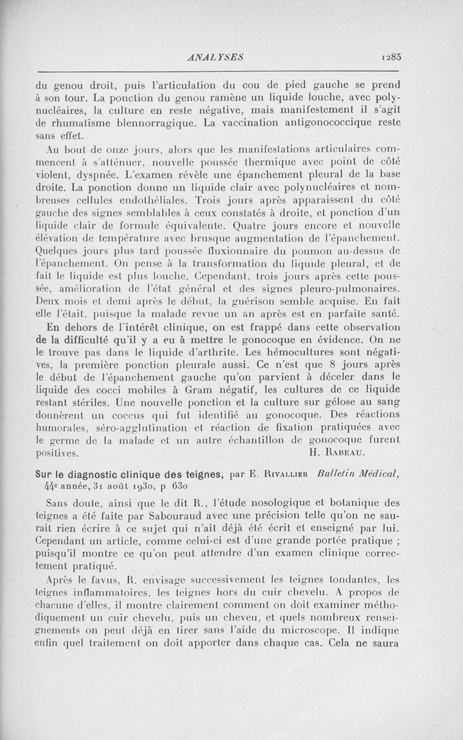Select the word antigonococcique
point(313,123)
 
